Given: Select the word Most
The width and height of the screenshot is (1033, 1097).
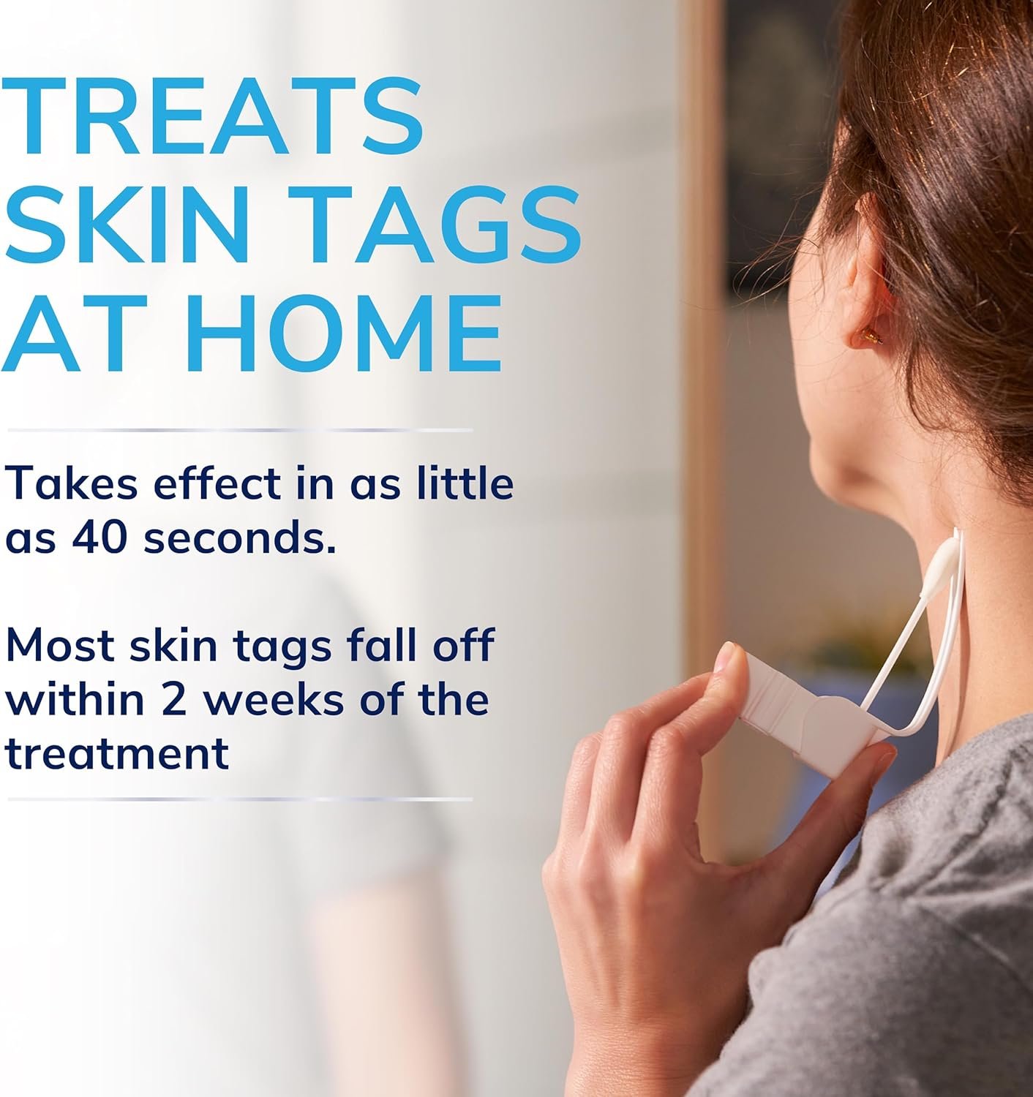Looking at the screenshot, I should (x=59, y=645).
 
